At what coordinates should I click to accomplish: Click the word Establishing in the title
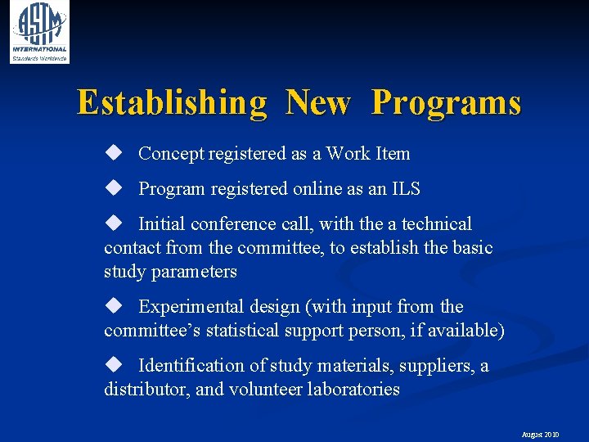click(172, 103)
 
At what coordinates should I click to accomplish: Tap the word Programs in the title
click(446, 103)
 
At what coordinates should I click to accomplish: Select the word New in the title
click(318, 103)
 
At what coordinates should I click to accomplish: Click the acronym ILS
click(405, 188)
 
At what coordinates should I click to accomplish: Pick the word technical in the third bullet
click(437, 223)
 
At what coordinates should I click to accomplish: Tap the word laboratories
click(353, 389)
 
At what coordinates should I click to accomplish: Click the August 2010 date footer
click(540, 435)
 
